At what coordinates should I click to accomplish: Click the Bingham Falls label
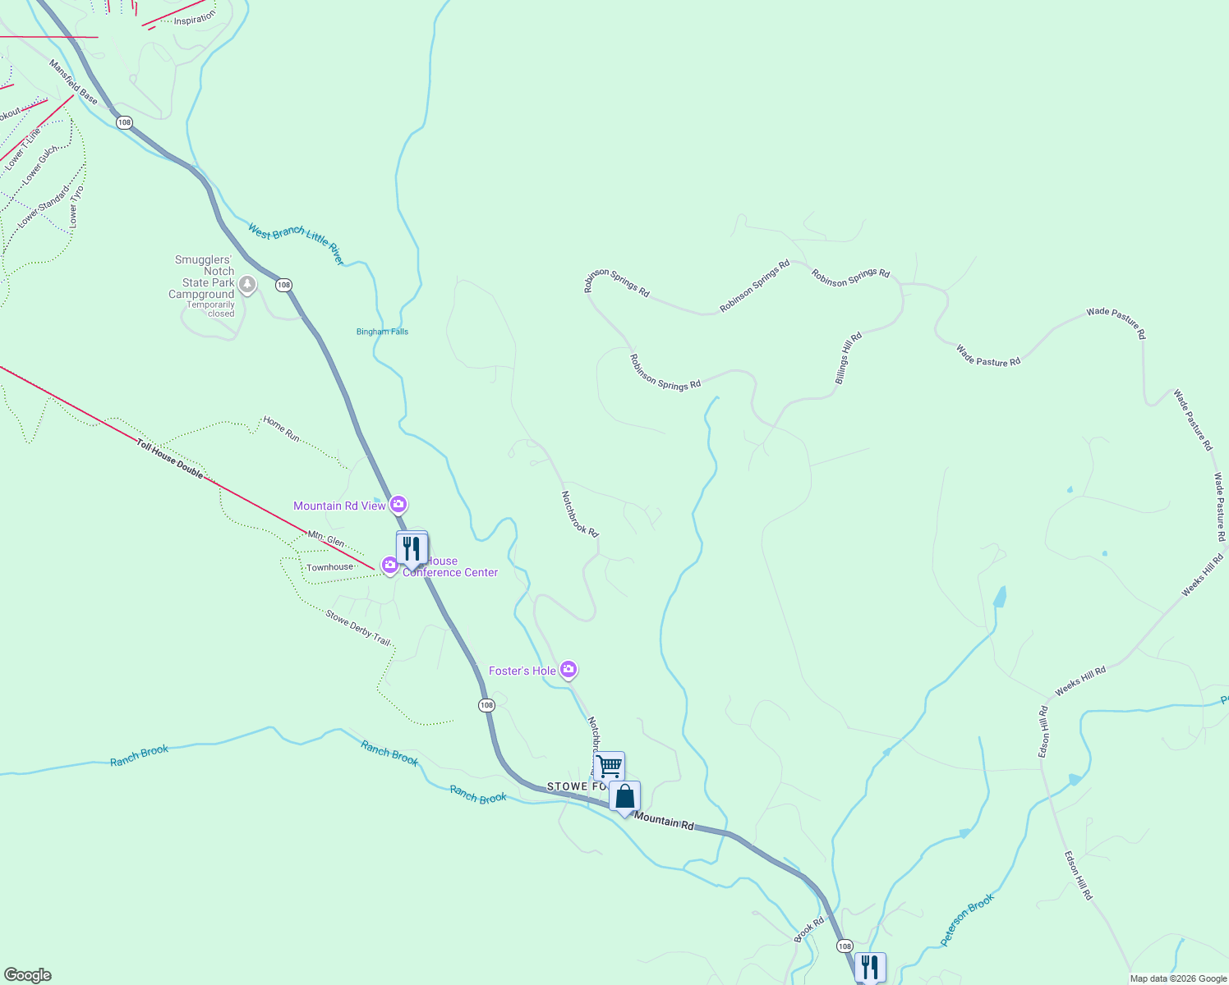[x=382, y=332]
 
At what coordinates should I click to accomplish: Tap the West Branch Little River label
[x=296, y=244]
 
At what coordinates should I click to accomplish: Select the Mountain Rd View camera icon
[x=398, y=504]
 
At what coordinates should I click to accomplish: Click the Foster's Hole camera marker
[x=568, y=671]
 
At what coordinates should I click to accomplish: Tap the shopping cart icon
[x=609, y=766]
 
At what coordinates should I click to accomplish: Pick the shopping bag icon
[x=624, y=796]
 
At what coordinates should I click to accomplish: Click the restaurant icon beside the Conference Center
[x=412, y=547]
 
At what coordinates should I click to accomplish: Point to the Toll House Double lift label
[x=170, y=459]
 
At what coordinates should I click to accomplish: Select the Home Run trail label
[x=281, y=428]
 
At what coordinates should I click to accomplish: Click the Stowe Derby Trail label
[x=357, y=628]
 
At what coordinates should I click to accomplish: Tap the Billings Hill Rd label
[x=849, y=358]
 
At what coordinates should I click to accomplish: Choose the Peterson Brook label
[x=967, y=919]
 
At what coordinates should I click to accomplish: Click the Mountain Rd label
[x=664, y=821]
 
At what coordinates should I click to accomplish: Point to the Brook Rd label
[x=808, y=930]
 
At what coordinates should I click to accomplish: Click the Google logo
[x=27, y=975]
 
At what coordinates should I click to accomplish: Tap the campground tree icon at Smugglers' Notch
[x=247, y=285]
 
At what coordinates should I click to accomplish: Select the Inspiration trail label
[x=195, y=19]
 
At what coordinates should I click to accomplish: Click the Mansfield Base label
[x=73, y=82]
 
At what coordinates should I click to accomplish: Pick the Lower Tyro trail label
[x=76, y=206]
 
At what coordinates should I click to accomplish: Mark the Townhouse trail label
[x=329, y=567]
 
